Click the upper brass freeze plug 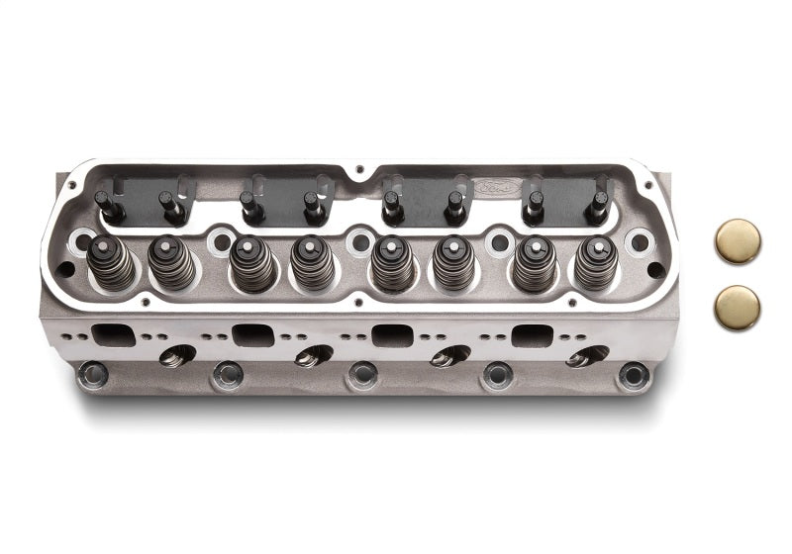coord(738,241)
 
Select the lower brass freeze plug coord(738,308)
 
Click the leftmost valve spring coord(111,263)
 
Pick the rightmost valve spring coord(595,263)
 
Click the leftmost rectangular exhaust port coord(112,334)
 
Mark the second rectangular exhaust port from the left coord(252,334)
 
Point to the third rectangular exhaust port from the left coord(393,334)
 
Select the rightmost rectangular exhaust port coord(533,334)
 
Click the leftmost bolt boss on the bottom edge coord(93,374)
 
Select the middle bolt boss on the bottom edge coord(362,375)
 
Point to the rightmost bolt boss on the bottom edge coord(632,375)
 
